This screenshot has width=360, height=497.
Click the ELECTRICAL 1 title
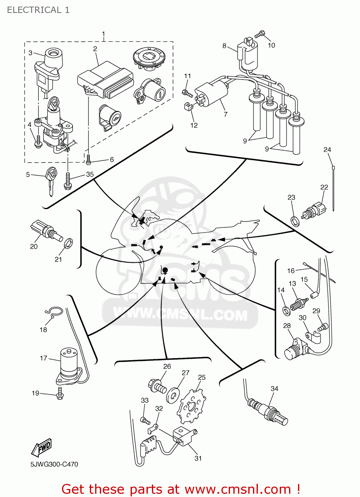point(38,10)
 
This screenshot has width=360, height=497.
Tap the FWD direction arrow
point(42,448)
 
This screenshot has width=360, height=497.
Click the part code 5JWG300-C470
point(54,464)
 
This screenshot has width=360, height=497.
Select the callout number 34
point(274,388)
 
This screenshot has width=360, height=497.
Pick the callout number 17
point(43,358)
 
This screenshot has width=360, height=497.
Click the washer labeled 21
point(68,244)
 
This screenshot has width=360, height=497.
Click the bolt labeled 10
point(260,34)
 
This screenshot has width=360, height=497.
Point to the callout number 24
point(327,149)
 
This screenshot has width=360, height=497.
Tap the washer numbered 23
point(294,221)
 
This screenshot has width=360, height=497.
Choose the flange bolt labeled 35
point(68,181)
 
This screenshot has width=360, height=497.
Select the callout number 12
point(194,125)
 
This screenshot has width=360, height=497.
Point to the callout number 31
point(198,458)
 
